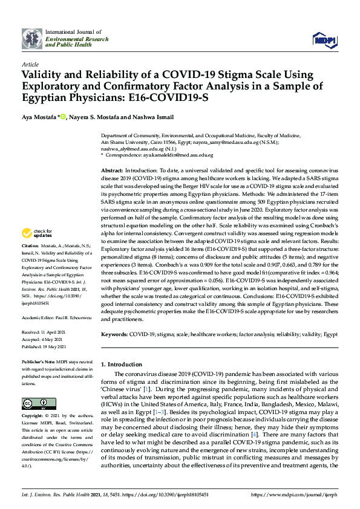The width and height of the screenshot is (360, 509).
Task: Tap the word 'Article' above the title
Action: (x=30, y=63)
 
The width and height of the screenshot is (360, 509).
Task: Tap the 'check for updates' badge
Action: (x=37, y=233)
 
